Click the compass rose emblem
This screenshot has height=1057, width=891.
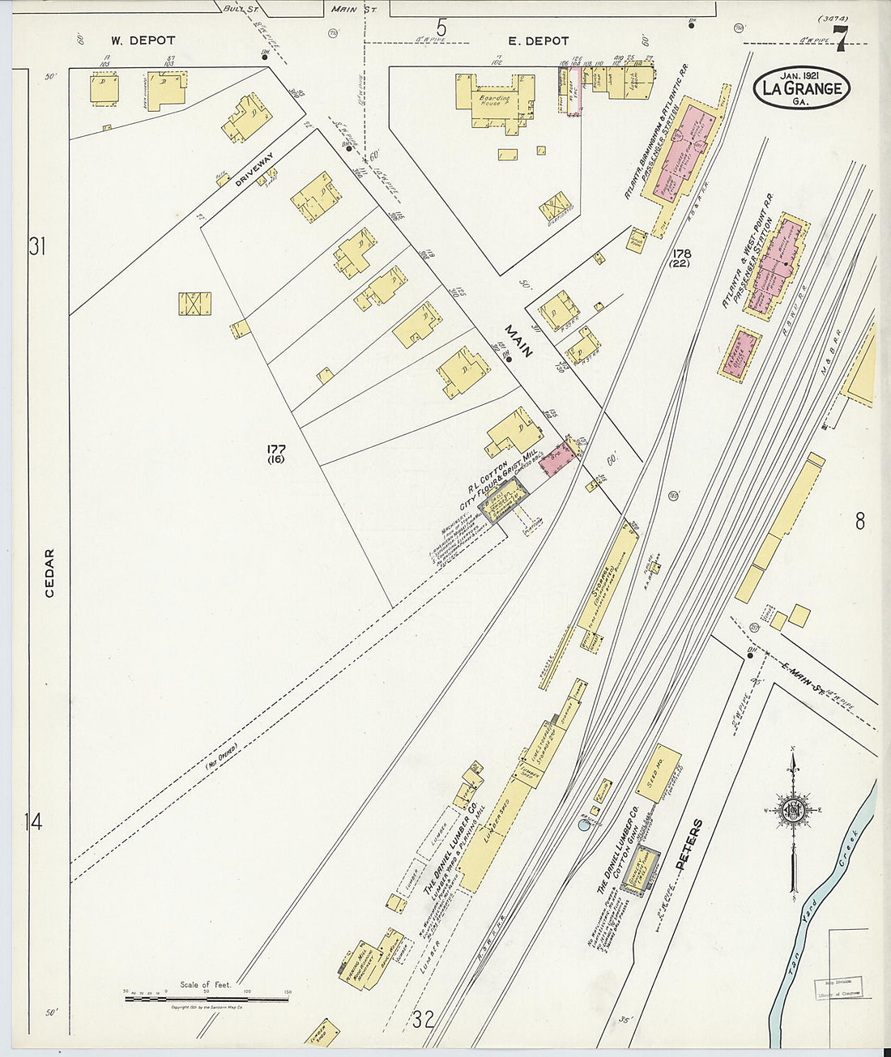pyautogui.click(x=791, y=808)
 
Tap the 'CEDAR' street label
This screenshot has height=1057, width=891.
pyautogui.click(x=49, y=573)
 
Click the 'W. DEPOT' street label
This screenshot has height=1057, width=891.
pyautogui.click(x=143, y=40)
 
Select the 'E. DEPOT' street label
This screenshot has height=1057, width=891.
pyautogui.click(x=538, y=40)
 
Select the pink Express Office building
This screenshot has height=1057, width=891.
pyautogui.click(x=740, y=352)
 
